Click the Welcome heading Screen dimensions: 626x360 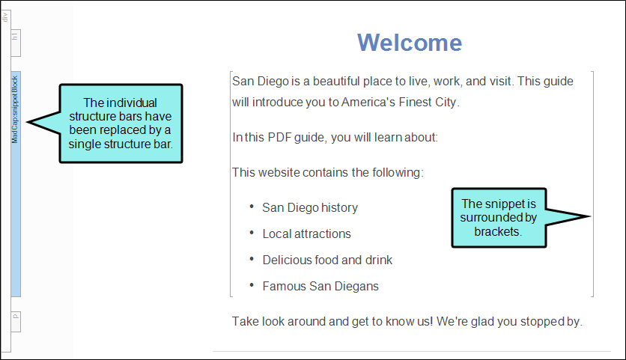[x=409, y=43]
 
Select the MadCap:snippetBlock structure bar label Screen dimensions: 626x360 [x=15, y=110]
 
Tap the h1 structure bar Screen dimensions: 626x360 [x=16, y=43]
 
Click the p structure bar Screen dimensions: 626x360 [x=16, y=322]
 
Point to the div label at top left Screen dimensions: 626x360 [x=4, y=16]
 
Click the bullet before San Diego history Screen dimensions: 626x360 [x=252, y=207]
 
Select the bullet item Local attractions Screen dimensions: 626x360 [x=306, y=234]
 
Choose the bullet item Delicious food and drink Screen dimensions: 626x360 [x=327, y=260]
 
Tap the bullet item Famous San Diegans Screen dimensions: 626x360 [x=320, y=286]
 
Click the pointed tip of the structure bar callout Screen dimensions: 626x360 [x=27, y=122]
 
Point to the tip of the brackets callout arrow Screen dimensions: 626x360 [x=590, y=216]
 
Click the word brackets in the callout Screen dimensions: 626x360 [x=497, y=231]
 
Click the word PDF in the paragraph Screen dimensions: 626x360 [x=279, y=137]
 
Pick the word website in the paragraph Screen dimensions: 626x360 [x=279, y=172]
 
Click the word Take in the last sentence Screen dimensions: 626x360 [x=245, y=321]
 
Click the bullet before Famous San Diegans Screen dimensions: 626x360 [x=252, y=285]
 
